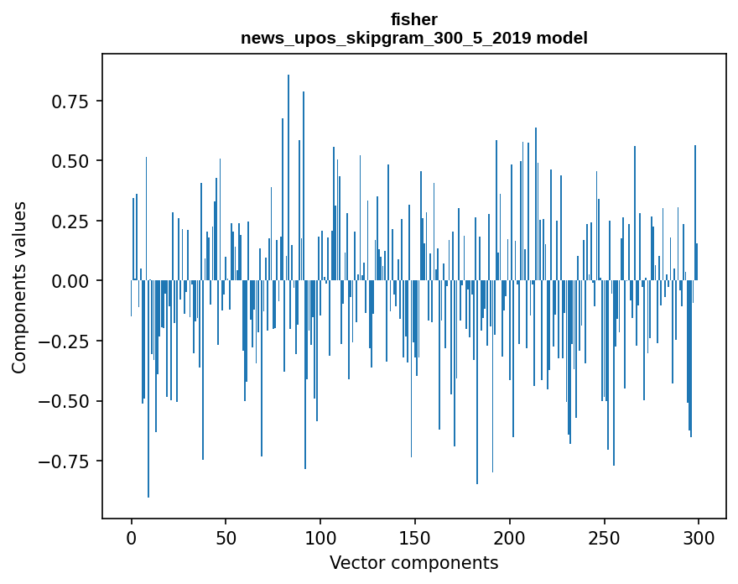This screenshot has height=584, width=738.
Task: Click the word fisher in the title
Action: pyautogui.click(x=413, y=19)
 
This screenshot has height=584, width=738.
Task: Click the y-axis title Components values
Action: pyautogui.click(x=19, y=287)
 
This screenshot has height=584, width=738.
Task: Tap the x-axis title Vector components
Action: pyautogui.click(x=413, y=563)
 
